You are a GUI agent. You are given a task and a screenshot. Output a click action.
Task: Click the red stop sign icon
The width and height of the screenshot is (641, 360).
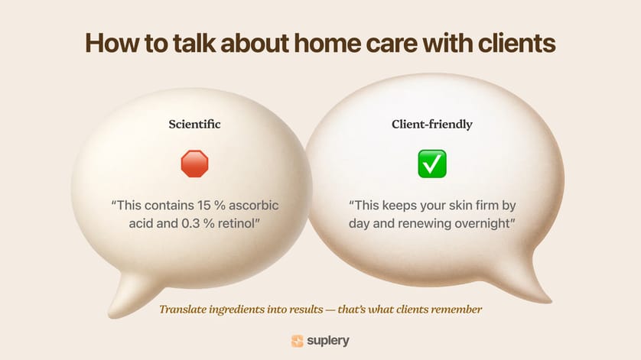(194, 164)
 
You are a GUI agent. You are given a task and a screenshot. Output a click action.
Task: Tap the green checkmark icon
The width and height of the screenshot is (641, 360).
(432, 164)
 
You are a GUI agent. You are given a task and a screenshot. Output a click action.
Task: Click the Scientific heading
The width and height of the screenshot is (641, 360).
(194, 123)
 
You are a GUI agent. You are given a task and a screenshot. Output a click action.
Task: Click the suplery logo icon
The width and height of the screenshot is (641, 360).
(297, 341)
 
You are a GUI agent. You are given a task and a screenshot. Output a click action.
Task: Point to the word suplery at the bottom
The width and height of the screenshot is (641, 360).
(329, 341)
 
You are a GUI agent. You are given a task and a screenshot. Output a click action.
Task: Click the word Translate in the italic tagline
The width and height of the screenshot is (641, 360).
(184, 310)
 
